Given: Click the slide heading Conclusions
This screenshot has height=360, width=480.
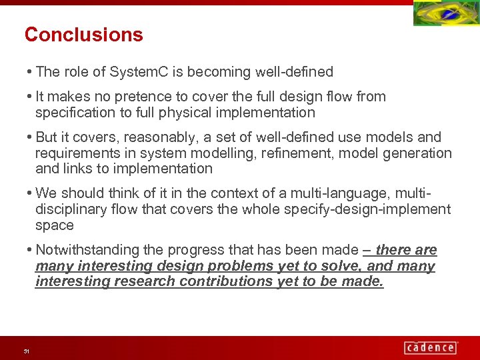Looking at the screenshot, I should click(83, 35).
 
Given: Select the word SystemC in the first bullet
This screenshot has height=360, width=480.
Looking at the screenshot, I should click(135, 71).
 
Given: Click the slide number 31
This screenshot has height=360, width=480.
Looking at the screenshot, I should click(26, 351).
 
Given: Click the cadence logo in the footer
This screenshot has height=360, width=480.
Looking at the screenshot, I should click(431, 347).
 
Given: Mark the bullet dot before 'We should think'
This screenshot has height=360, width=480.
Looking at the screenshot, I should click(31, 193).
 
